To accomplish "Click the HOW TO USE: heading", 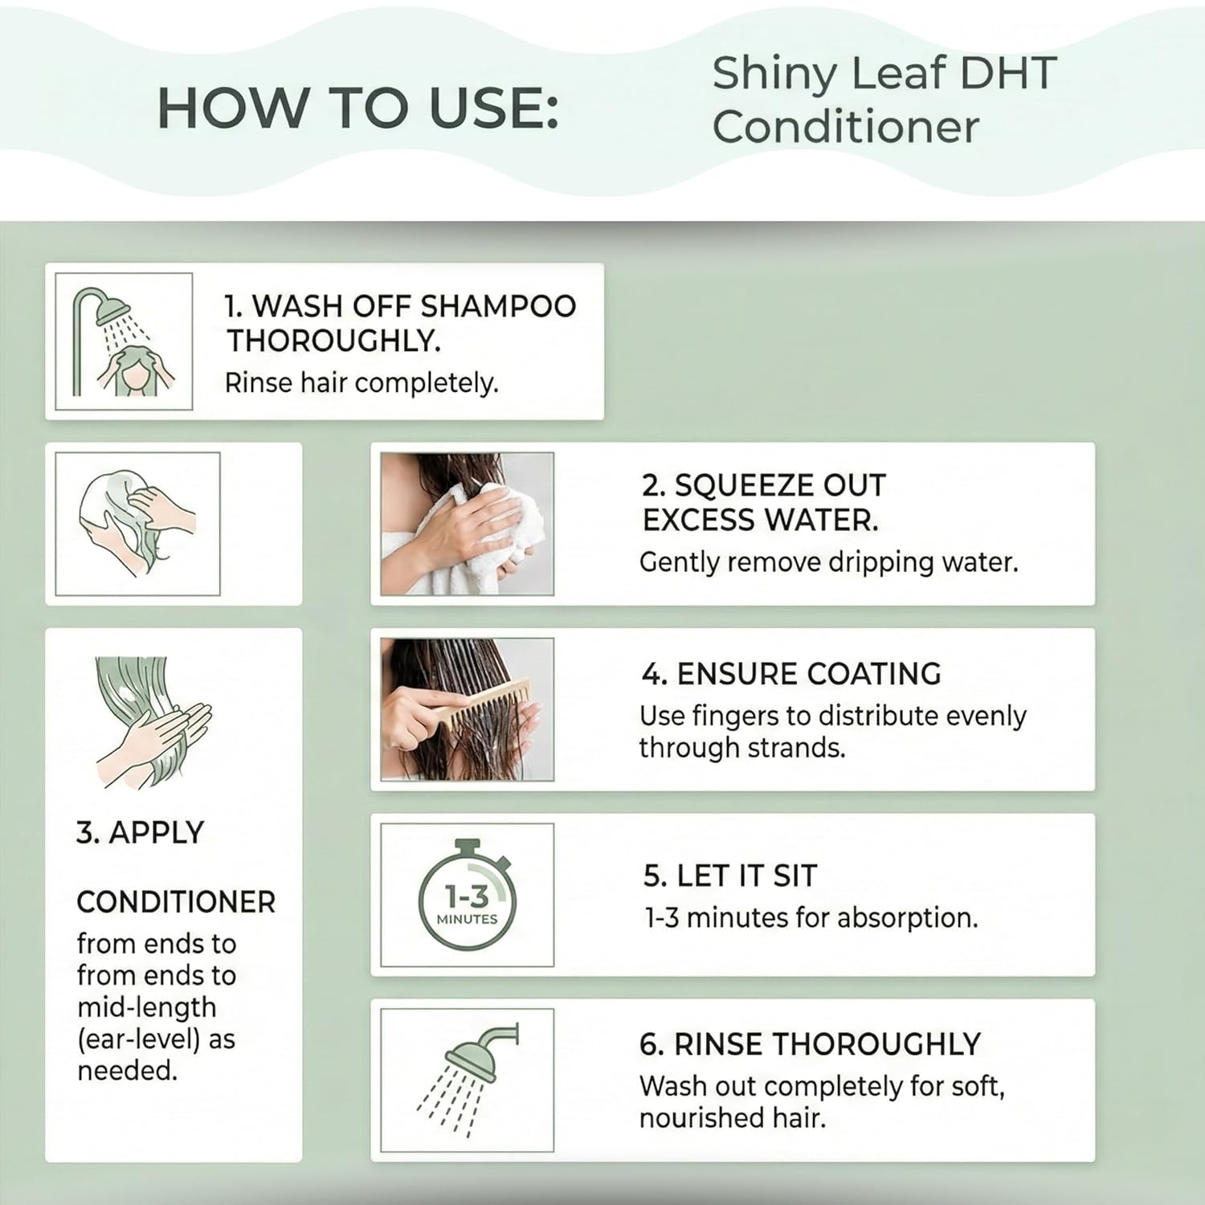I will pyautogui.click(x=357, y=108).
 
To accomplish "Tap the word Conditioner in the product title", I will pyautogui.click(x=845, y=127).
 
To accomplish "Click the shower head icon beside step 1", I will pyautogui.click(x=124, y=341).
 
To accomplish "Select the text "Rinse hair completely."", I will pyautogui.click(x=361, y=383).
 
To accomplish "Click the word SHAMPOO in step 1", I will pyautogui.click(x=498, y=306).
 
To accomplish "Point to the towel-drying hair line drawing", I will pyautogui.click(x=137, y=523).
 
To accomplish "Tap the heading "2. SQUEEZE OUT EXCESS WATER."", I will pyautogui.click(x=763, y=503).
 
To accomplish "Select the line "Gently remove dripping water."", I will pyautogui.click(x=828, y=562).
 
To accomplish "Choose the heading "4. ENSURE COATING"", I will pyautogui.click(x=791, y=674).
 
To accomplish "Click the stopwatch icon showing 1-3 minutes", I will pyautogui.click(x=467, y=895).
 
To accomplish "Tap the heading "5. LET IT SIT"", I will pyautogui.click(x=729, y=876).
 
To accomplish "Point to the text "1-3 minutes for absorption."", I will pyautogui.click(x=811, y=917).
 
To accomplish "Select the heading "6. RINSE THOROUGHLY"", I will pyautogui.click(x=810, y=1044).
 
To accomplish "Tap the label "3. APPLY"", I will pyautogui.click(x=141, y=833).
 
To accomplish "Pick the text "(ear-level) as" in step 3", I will pyautogui.click(x=156, y=1039).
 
